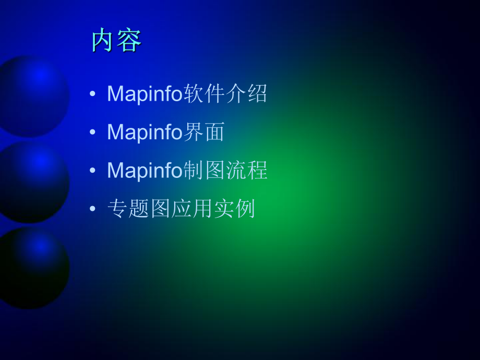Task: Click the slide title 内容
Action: (x=117, y=40)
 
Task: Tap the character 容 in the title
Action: (x=129, y=40)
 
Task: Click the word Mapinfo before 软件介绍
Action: (x=145, y=94)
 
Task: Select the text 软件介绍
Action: (x=225, y=93)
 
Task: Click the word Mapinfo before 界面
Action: (x=145, y=132)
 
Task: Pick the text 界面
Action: (x=204, y=132)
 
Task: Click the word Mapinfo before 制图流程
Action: (x=145, y=171)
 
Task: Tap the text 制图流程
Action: (x=225, y=170)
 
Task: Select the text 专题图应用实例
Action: (x=181, y=209)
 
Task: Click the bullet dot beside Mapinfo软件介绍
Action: (x=93, y=94)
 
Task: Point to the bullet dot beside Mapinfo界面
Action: (x=93, y=132)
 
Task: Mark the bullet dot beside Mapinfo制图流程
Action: (x=93, y=170)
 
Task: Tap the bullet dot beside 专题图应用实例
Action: (x=93, y=209)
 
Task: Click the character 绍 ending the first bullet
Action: (x=257, y=93)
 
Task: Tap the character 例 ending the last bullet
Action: (x=245, y=209)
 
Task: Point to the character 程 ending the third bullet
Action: (x=258, y=170)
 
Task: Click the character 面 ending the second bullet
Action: (x=215, y=132)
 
